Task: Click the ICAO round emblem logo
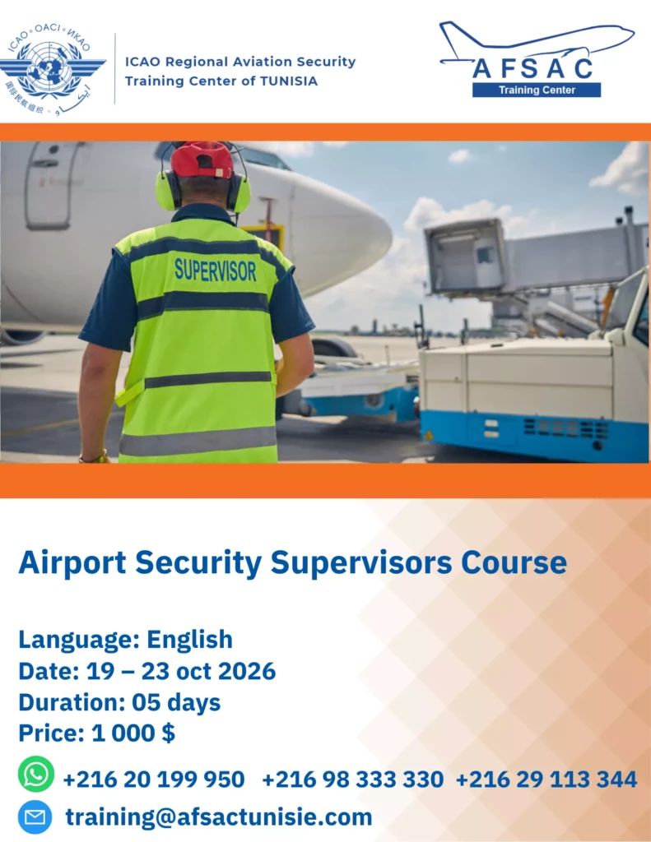[x=52, y=69]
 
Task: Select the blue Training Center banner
[x=537, y=90]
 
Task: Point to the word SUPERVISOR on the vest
[x=215, y=270]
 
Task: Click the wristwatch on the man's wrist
[x=95, y=457]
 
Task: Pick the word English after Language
[x=190, y=640]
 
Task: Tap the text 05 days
[x=176, y=702]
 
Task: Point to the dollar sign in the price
[x=168, y=733]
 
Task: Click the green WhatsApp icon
[x=36, y=775]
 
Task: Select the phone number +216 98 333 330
[x=352, y=780]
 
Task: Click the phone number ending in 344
[x=546, y=780]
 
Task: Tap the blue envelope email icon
[x=35, y=817]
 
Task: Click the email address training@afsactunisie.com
[x=219, y=817]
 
